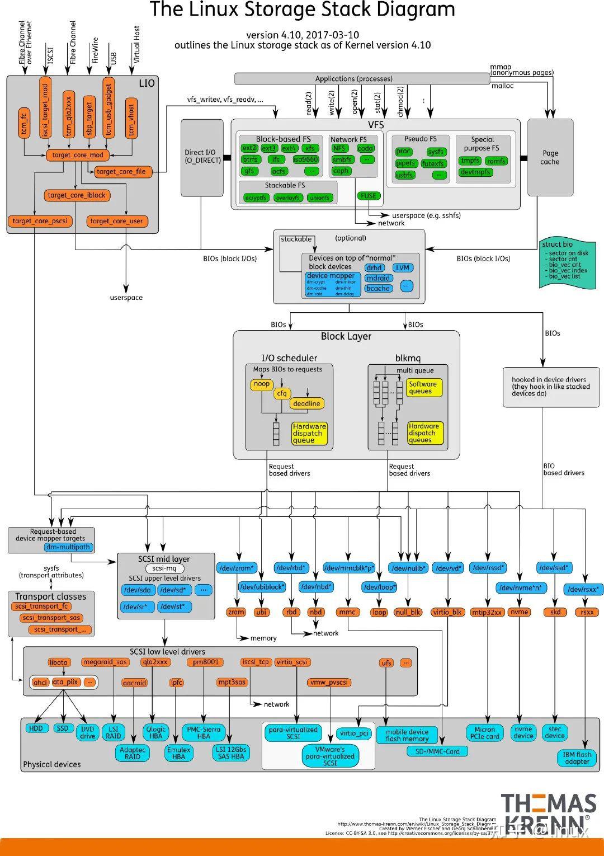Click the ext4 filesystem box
pyautogui.click(x=289, y=148)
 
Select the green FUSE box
pyautogui.click(x=369, y=196)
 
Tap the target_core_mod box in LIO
pyautogui.click(x=78, y=155)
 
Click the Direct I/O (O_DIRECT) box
pyautogui.click(x=202, y=157)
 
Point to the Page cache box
pyautogui.click(x=550, y=157)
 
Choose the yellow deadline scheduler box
pyautogui.click(x=306, y=403)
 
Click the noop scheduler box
pyautogui.click(x=262, y=384)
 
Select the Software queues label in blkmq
pyautogui.click(x=423, y=388)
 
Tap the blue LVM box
pyautogui.click(x=403, y=267)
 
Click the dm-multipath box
pyautogui.click(x=68, y=547)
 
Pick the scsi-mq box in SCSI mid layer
pyautogui.click(x=164, y=568)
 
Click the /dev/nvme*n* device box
pyautogui.click(x=521, y=588)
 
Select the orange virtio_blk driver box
pyautogui.click(x=447, y=612)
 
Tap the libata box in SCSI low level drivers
pyautogui.click(x=59, y=662)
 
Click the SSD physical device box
pyautogui.click(x=62, y=728)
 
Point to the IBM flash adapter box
pyautogui.click(x=577, y=758)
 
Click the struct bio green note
pyautogui.click(x=568, y=260)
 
